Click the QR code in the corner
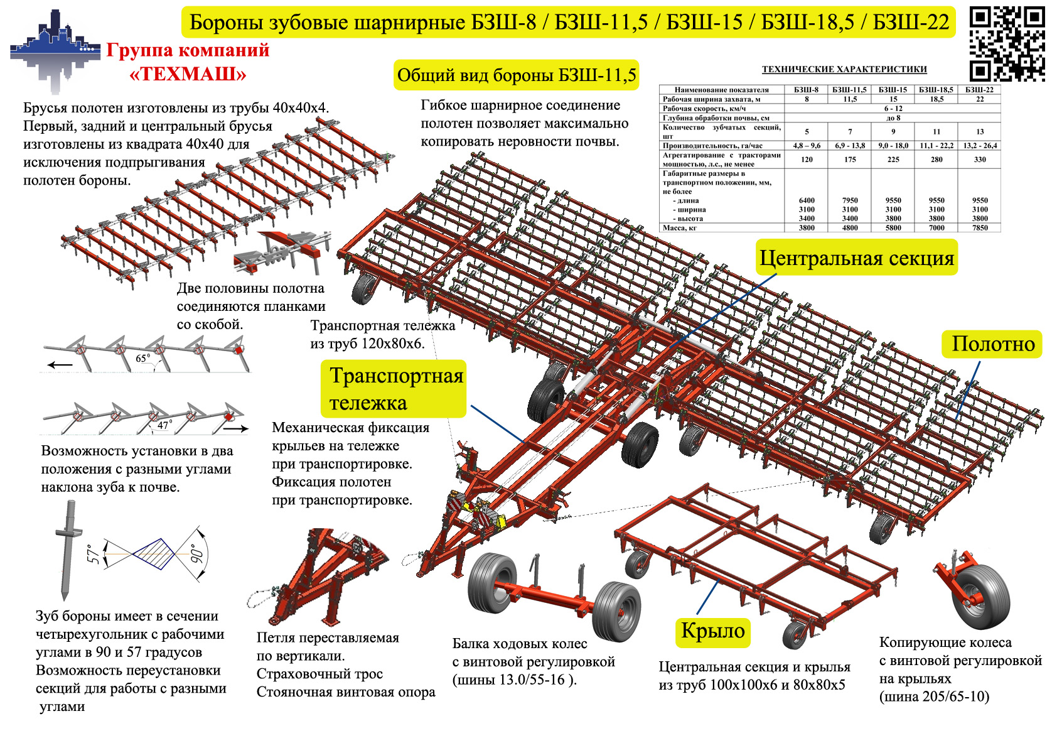coord(1007,44)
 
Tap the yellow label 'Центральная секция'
coord(856,257)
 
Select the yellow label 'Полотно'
coord(992,344)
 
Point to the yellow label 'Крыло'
coord(713,631)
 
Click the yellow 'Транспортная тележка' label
coord(394,389)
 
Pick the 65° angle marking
coord(143,359)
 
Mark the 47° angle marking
coord(163,425)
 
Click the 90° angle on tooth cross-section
coord(197,553)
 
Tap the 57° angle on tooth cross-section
coord(93,553)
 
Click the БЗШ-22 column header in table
coord(979,90)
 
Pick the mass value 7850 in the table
coord(979,228)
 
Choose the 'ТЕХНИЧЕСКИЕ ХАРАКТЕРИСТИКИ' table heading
coord(844,69)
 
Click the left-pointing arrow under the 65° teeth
coord(61,364)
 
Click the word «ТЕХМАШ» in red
coord(188,74)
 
